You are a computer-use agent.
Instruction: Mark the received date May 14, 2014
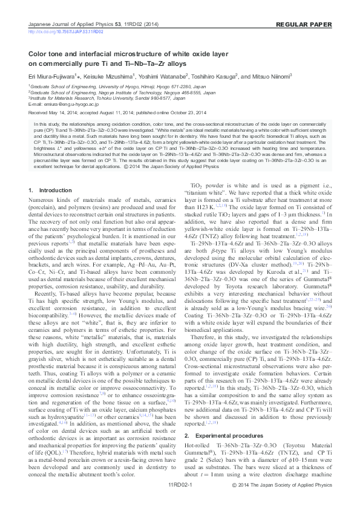(x=62, y=112)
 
